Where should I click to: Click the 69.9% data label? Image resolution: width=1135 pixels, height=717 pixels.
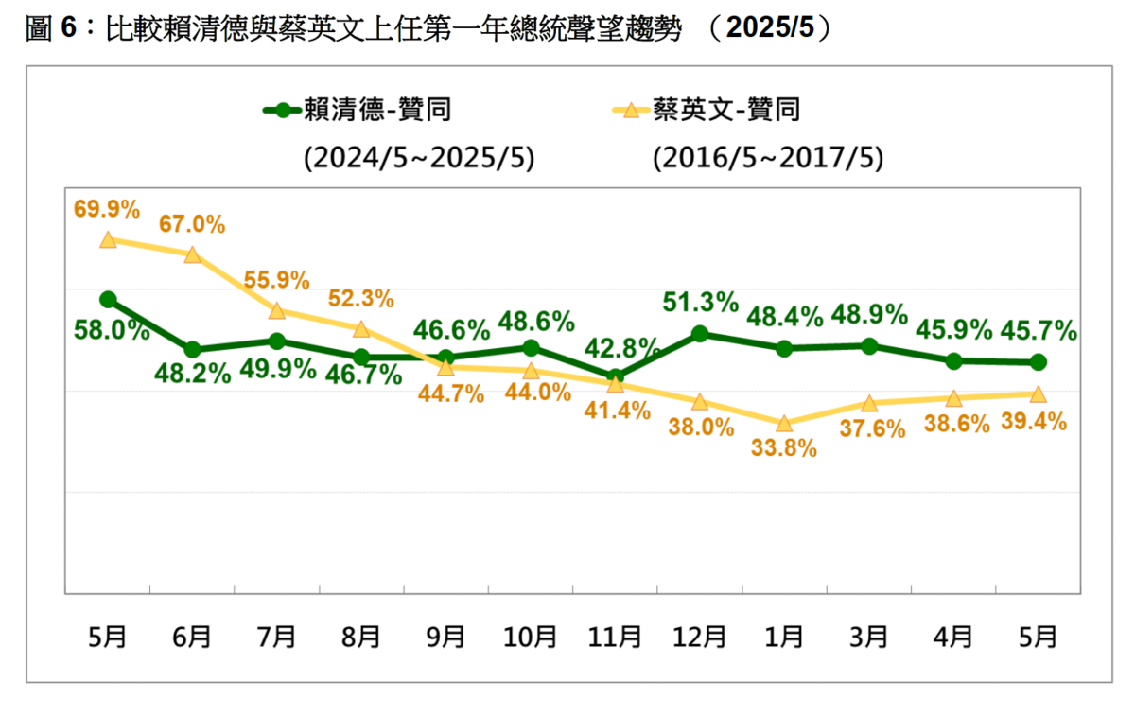108,207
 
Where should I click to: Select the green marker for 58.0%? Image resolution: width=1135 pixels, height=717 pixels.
108,300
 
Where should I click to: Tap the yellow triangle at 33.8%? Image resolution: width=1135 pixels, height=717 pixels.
784,423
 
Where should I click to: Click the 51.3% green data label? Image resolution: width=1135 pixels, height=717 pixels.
700,303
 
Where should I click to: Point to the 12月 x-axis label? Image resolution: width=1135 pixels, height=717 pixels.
700,638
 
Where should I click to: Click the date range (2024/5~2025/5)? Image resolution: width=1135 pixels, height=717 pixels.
419,158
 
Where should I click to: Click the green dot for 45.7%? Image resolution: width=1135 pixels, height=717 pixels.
1038,362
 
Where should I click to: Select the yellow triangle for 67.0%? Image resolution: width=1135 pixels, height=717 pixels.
192,255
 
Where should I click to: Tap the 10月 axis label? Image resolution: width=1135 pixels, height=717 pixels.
531,638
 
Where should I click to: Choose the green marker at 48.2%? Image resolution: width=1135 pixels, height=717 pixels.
192,350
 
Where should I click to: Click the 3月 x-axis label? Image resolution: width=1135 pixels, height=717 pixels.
868,638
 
